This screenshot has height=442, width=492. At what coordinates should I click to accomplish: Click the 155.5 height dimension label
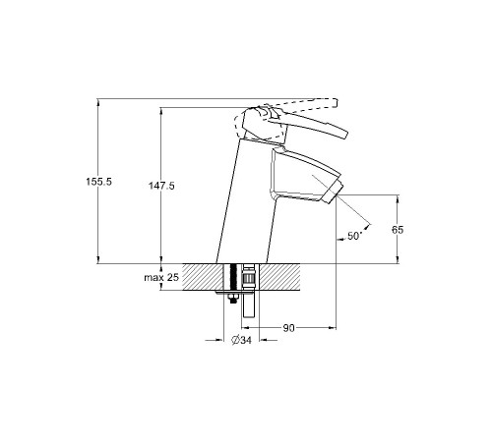pos(99,182)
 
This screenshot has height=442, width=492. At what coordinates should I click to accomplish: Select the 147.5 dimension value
pos(161,186)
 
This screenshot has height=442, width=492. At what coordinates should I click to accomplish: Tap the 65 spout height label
pos(398,230)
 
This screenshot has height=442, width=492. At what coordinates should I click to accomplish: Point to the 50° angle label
pos(354,236)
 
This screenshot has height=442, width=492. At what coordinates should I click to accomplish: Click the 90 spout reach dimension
pos(288,328)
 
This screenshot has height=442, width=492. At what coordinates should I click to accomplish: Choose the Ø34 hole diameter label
pos(241,341)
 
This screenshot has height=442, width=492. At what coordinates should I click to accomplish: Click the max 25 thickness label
pos(161,278)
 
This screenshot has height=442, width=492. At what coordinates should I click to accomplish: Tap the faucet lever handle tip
pos(343,135)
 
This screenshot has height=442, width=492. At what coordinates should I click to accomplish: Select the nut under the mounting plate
pos(233,298)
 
